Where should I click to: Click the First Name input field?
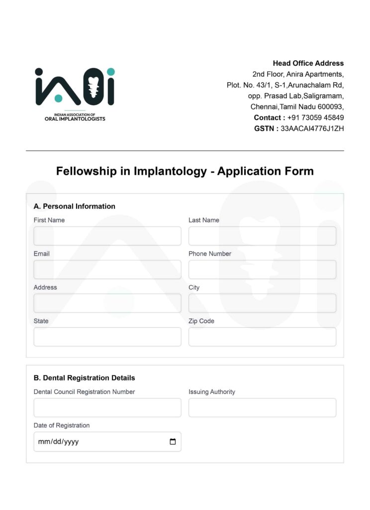107,236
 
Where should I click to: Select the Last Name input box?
262,236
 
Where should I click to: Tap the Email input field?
107,269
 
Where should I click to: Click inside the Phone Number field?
262,269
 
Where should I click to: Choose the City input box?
262,303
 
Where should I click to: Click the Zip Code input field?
262,337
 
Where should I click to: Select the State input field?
107,337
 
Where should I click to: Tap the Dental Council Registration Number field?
107,407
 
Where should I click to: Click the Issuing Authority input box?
262,407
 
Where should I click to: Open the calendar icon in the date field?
173,442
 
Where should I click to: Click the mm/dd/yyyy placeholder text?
58,442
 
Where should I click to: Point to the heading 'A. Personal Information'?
75,206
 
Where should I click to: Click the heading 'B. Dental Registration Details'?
85,378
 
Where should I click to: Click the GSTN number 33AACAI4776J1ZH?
312,128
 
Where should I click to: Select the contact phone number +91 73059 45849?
315,118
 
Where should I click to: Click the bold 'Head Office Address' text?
308,63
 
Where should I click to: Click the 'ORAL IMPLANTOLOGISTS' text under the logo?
72,119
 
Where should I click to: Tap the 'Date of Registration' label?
62,425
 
